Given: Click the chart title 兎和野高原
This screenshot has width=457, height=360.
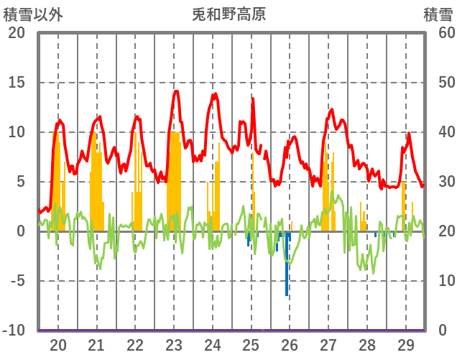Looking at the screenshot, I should (229, 14).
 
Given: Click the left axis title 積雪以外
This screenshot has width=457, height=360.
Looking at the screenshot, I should (34, 14).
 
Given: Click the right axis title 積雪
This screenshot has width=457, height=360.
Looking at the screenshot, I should (437, 14).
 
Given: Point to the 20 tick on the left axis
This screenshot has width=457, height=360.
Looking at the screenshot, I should (17, 33).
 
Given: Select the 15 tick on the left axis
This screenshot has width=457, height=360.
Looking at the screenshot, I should (17, 83).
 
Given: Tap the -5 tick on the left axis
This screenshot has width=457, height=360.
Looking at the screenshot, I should (17, 281).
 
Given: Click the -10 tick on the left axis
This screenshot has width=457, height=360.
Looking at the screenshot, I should (14, 331).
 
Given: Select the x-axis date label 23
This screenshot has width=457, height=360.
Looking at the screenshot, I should (174, 344).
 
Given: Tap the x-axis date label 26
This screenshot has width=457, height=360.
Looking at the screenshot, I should (290, 344).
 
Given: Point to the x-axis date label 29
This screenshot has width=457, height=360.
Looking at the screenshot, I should (405, 344).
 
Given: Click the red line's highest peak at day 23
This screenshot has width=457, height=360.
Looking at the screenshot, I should (176, 91).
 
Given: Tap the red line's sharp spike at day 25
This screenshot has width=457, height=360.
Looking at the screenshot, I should (252, 98).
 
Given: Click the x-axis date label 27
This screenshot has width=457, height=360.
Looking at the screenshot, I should (328, 344).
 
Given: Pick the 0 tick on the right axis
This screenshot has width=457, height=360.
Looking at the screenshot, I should (443, 331).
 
